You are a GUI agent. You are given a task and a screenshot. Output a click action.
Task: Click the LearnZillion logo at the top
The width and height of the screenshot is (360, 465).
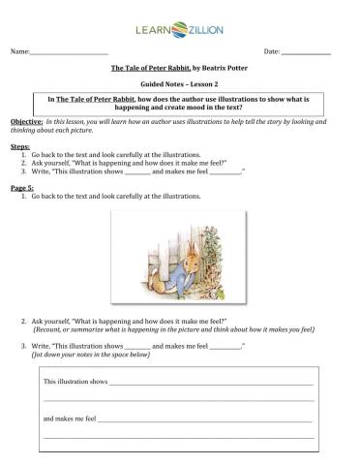tap(180, 31)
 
